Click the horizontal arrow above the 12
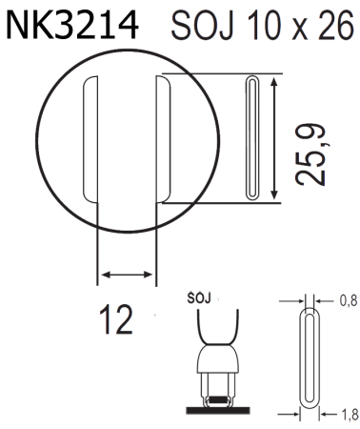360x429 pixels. click(127, 276)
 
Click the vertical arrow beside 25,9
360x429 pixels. click(276, 138)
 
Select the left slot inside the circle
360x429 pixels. click(91, 138)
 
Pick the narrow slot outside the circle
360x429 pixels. click(252, 138)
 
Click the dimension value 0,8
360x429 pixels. click(349, 301)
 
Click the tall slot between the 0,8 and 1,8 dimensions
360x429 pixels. click(311, 357)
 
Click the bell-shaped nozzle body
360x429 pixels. click(220, 364)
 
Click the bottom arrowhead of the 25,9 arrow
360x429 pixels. click(276, 196)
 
